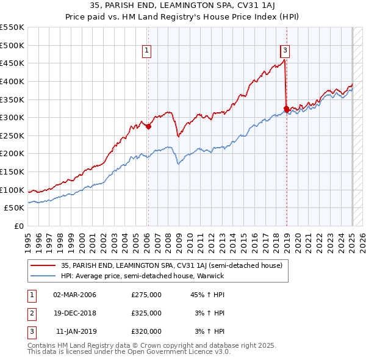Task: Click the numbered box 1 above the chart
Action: [148, 51]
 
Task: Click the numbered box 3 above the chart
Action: [285, 51]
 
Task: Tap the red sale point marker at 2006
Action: [148, 127]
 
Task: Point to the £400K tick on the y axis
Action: [13, 81]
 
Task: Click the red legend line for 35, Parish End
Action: [45, 265]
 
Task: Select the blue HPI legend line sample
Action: [45, 276]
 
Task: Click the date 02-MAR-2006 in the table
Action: [75, 295]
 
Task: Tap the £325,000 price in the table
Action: [146, 313]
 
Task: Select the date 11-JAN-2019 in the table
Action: [75, 331]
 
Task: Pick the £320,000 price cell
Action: [146, 331]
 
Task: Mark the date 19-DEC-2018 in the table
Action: [75, 313]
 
